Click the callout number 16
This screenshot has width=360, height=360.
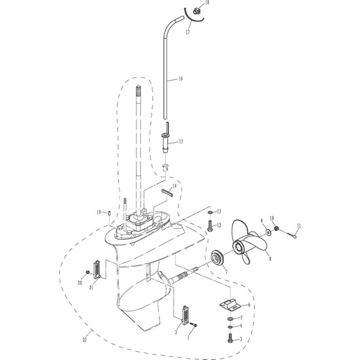[x=181, y=79]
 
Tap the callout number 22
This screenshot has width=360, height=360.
[x=85, y=340]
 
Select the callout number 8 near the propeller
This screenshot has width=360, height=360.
[x=270, y=259]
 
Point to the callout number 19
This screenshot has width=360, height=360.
[x=98, y=213]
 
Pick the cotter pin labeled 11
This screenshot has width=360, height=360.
[x=291, y=234]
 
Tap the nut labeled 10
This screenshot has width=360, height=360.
[x=276, y=228]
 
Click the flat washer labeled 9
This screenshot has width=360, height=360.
[x=268, y=232]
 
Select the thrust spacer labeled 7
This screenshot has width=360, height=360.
[x=217, y=258]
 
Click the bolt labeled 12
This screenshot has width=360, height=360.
[x=210, y=226]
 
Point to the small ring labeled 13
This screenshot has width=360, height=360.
[x=210, y=212]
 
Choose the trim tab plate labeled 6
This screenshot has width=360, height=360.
[x=230, y=305]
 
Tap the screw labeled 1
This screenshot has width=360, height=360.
[x=194, y=325]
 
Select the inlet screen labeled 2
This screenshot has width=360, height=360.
[x=185, y=315]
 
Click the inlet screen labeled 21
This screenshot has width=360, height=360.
[x=97, y=270]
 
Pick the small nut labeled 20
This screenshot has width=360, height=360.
[x=88, y=272]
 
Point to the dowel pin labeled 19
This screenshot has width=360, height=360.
[x=109, y=213]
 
